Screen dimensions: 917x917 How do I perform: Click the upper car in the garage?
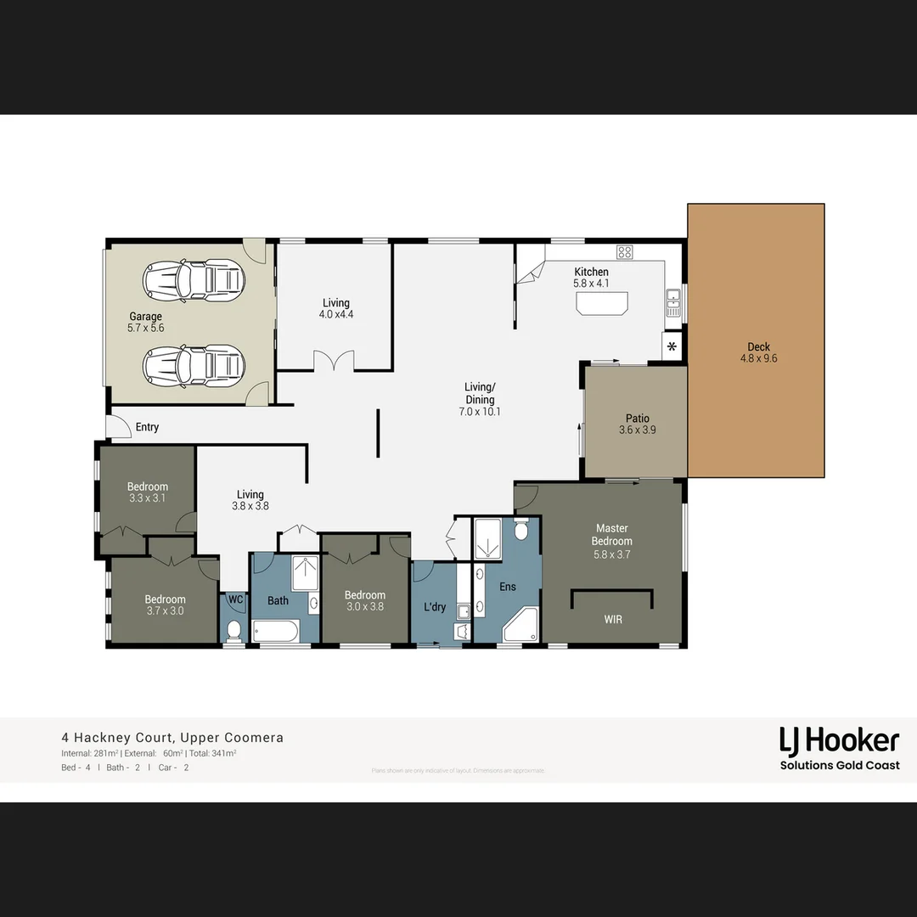click(194, 279)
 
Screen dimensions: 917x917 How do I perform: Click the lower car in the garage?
click(194, 366)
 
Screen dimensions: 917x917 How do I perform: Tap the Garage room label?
click(145, 317)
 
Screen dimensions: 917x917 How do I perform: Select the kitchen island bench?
click(601, 303)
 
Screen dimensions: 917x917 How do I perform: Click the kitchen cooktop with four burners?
click(625, 251)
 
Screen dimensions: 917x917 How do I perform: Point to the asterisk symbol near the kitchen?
click(672, 346)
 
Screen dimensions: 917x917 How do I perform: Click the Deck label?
click(758, 346)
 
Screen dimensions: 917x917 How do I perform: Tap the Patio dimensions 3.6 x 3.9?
click(637, 430)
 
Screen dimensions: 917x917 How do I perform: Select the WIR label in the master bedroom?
click(613, 620)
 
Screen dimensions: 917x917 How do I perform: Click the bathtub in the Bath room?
click(276, 631)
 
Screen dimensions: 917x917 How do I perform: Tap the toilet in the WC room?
click(235, 630)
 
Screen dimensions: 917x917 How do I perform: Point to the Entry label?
click(147, 427)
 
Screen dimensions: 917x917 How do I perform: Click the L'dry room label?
click(435, 607)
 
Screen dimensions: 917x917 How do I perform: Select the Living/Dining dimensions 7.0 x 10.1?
click(480, 412)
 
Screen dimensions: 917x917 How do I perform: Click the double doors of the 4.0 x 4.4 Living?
click(334, 362)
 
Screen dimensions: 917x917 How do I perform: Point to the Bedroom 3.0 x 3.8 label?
click(365, 595)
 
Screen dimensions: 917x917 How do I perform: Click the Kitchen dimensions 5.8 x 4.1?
click(590, 284)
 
